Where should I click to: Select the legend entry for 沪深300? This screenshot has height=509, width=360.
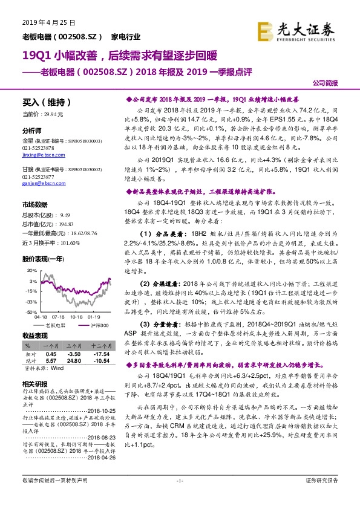(x=97, y=325)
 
